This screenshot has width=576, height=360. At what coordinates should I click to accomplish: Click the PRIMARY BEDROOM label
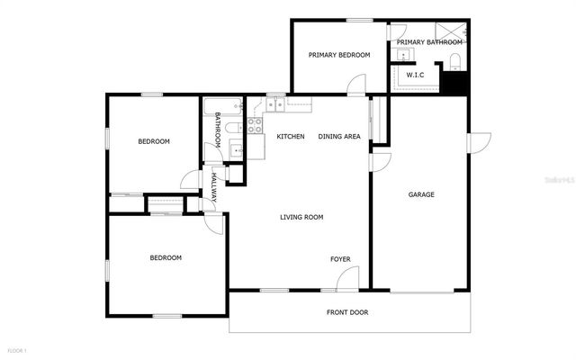[x=339, y=55]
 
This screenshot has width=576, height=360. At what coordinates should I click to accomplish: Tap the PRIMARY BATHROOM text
[x=429, y=42]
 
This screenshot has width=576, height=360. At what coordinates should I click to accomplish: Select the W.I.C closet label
[x=416, y=76]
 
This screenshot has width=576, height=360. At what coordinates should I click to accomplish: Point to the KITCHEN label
[x=290, y=137]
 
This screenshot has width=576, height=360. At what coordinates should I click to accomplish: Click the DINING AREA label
[x=339, y=137]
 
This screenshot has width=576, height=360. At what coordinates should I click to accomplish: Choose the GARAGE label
[x=421, y=194]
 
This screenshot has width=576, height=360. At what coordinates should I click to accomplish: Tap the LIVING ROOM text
[x=301, y=217]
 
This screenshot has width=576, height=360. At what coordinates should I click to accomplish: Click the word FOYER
[x=340, y=259]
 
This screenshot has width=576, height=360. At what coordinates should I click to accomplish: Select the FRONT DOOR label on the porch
[x=346, y=312]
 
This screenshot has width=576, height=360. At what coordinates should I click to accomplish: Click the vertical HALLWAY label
[x=214, y=186]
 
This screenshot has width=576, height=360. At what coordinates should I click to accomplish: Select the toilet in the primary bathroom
[x=455, y=61]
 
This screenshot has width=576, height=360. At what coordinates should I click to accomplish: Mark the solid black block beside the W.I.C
[x=456, y=81]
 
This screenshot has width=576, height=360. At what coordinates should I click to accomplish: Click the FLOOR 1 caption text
[x=18, y=349]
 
